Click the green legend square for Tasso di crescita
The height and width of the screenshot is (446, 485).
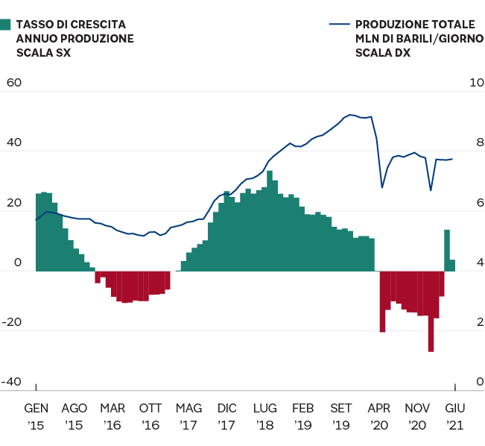[6, 25]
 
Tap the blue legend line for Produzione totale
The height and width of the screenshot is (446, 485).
[339, 25]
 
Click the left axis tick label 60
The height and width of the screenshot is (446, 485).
[14, 83]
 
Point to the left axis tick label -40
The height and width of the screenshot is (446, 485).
[12, 382]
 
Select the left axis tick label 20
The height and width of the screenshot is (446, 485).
[13, 204]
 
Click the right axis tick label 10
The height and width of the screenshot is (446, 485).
[475, 83]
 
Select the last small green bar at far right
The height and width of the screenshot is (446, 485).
[452, 265]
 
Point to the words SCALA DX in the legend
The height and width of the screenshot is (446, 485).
[382, 53]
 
